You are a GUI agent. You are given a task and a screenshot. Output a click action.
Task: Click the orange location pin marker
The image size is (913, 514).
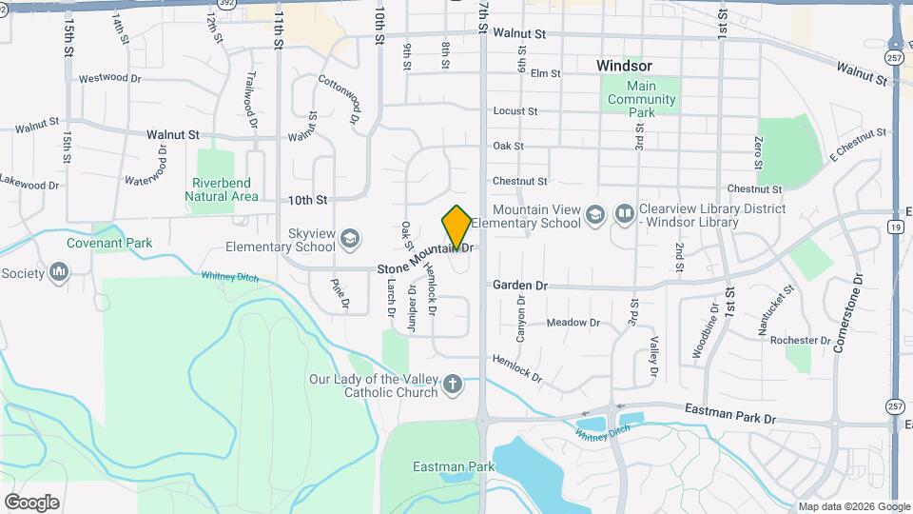(456, 227)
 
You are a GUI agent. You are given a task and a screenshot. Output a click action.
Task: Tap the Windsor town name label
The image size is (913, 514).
(624, 66)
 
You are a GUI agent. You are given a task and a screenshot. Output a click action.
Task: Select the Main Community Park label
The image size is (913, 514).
(643, 99)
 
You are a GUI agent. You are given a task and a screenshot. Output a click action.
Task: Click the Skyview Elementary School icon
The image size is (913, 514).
(350, 237)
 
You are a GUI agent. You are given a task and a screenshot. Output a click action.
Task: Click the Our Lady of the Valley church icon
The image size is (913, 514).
(453, 385)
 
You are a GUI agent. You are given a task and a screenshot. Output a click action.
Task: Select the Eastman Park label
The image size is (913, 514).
(455, 466)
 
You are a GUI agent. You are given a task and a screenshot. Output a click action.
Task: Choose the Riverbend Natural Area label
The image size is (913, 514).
(224, 189)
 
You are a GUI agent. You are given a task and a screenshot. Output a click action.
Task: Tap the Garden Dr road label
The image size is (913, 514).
(520, 285)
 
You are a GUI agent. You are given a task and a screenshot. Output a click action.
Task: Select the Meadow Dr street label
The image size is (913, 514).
(573, 323)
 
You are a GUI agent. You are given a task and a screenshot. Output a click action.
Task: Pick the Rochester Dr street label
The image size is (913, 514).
(801, 340)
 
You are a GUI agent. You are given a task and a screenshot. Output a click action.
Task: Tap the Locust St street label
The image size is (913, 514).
(515, 111)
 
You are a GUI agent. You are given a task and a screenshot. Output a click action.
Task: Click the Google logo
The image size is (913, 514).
(31, 502)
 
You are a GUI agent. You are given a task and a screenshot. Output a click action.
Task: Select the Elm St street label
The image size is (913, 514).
(545, 73)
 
